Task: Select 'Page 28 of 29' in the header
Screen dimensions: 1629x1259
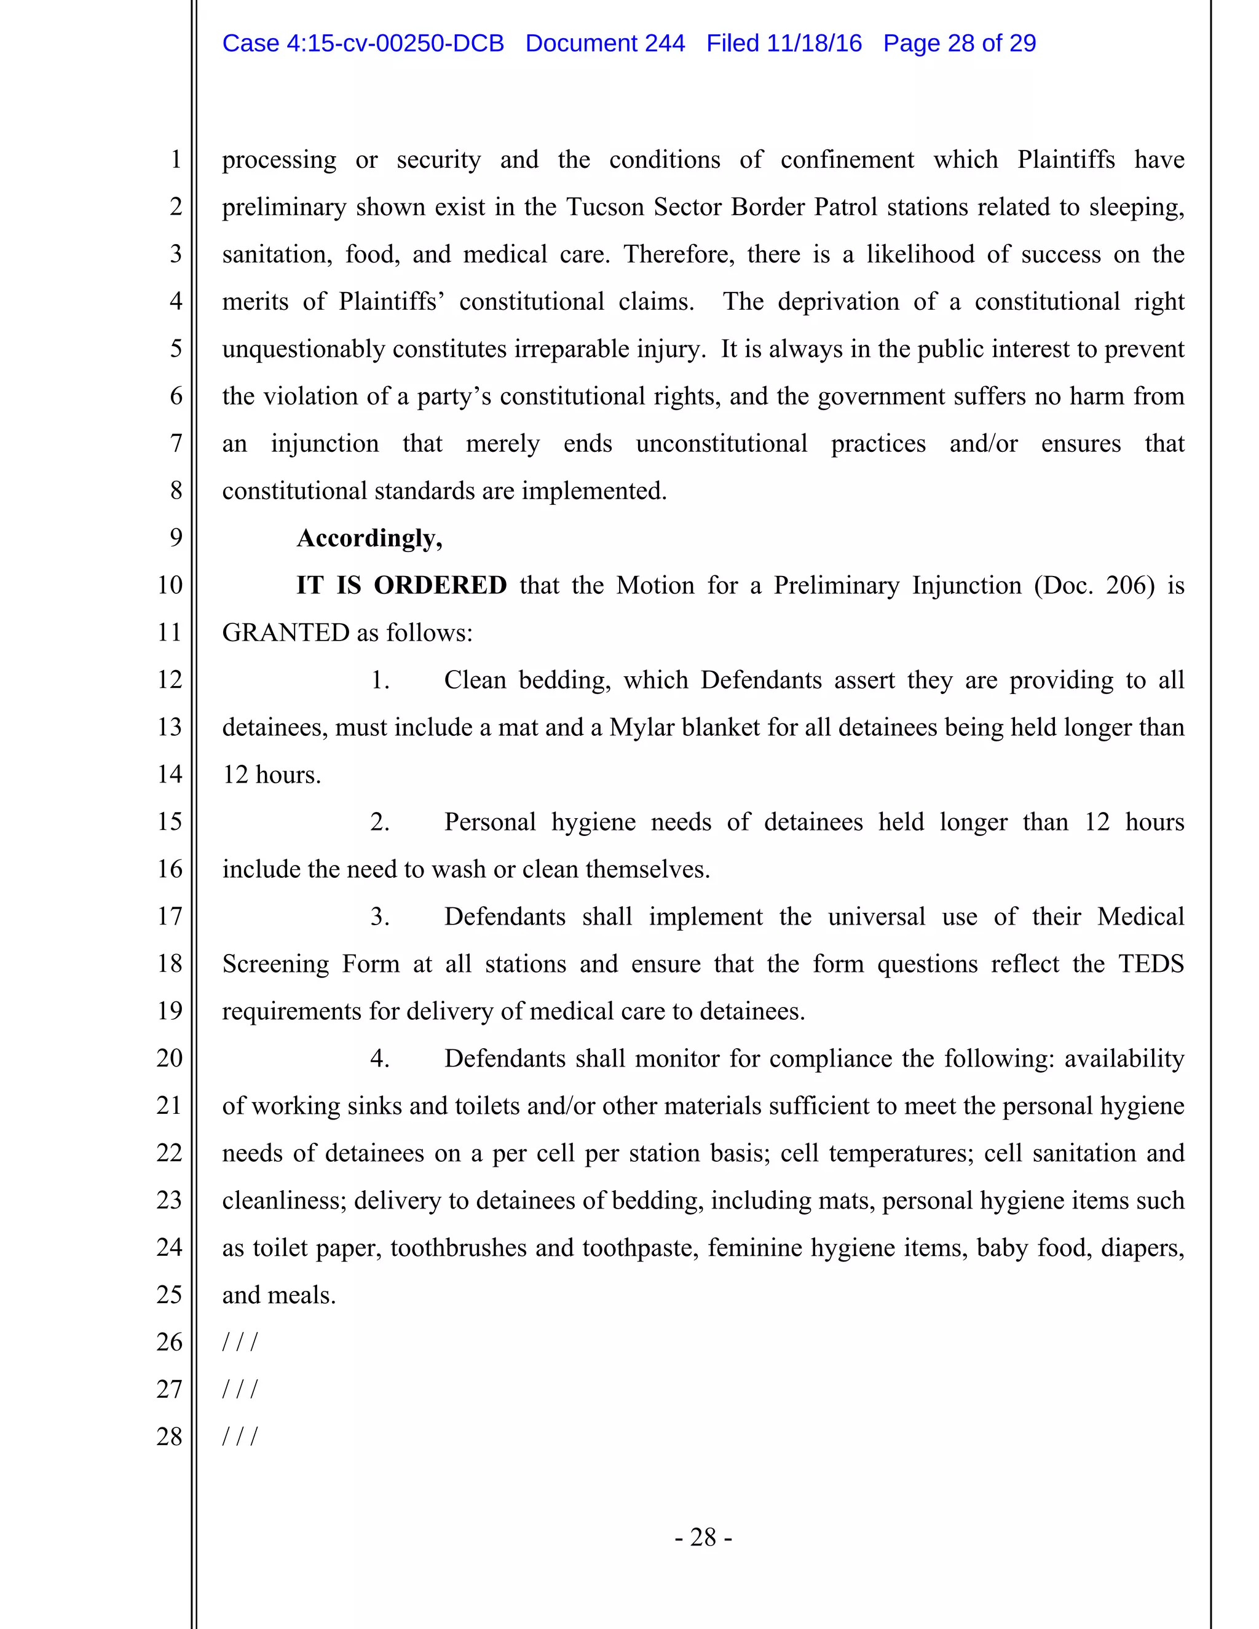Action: pyautogui.click(x=959, y=43)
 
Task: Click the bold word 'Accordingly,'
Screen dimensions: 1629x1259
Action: pyautogui.click(x=369, y=538)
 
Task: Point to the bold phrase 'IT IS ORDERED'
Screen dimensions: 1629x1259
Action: pyautogui.click(x=401, y=585)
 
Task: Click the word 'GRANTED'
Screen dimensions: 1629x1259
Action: pyautogui.click(x=286, y=633)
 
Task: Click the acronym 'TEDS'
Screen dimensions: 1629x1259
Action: pyautogui.click(x=1151, y=964)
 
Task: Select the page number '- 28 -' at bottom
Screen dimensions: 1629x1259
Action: pyautogui.click(x=703, y=1537)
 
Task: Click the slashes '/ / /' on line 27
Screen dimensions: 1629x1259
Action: pyautogui.click(x=239, y=1389)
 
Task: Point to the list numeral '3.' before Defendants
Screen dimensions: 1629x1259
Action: pyautogui.click(x=380, y=917)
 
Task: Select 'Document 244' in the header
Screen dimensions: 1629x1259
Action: pyautogui.click(x=605, y=43)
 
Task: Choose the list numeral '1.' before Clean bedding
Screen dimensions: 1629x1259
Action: pyautogui.click(x=380, y=680)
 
